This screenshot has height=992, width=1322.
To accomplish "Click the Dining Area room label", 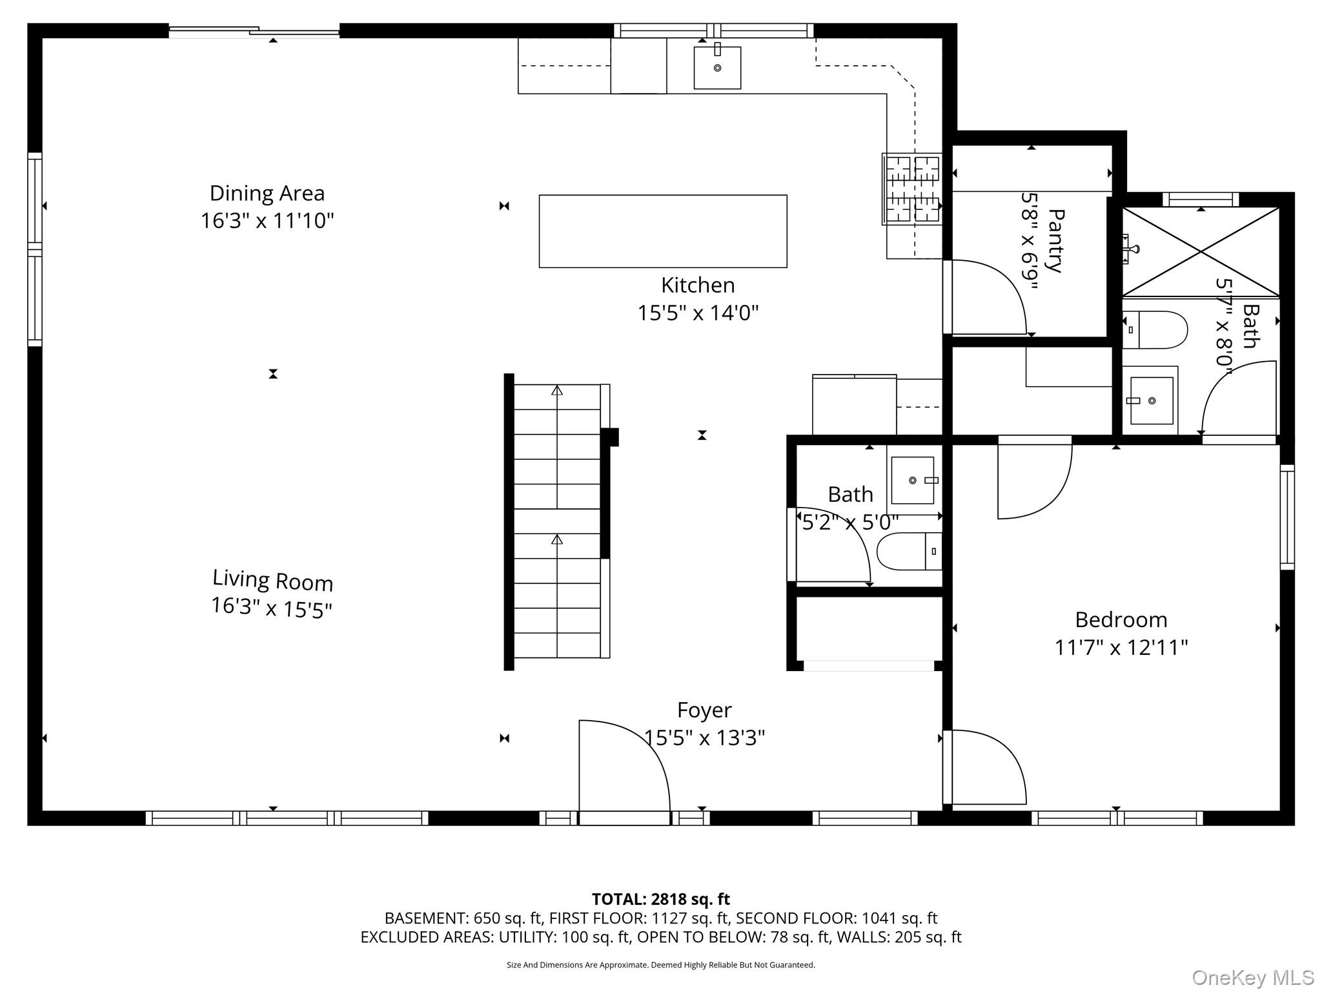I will click(x=267, y=193).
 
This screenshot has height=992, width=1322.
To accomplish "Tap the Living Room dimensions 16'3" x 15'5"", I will click(x=271, y=607).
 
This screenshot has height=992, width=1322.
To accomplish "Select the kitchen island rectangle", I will click(x=662, y=231).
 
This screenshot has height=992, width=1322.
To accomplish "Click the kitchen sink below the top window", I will click(x=717, y=68).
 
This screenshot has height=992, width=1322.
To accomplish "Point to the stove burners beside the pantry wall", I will click(x=912, y=189).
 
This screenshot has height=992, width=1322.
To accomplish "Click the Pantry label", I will click(x=1055, y=240).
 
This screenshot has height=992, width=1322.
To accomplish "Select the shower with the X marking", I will click(x=1200, y=251).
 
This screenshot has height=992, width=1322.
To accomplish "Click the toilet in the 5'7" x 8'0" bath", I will click(x=1155, y=329).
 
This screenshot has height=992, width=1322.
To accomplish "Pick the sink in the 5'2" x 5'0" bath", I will click(x=912, y=480).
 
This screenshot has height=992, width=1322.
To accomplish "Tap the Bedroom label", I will click(x=1121, y=619).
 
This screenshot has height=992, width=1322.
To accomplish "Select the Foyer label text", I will click(x=704, y=710).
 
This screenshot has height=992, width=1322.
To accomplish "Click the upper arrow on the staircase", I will click(x=556, y=391).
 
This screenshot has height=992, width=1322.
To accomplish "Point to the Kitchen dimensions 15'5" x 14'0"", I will click(x=698, y=313).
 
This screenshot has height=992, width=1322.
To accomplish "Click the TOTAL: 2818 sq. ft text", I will click(x=660, y=899).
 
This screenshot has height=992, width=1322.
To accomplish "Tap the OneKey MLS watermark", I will click(x=1252, y=977).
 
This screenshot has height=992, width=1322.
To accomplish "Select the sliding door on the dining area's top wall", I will click(x=254, y=30).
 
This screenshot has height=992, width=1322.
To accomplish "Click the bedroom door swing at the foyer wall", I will click(x=988, y=765).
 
